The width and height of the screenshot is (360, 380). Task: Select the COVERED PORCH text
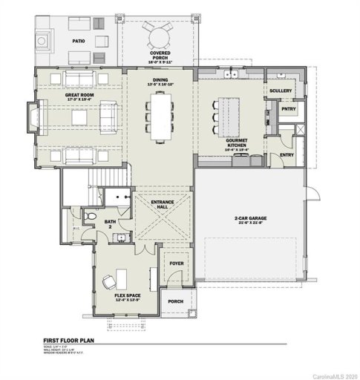[159, 55]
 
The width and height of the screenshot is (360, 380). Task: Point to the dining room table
[159, 119]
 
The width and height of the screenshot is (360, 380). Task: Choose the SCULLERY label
[281, 91]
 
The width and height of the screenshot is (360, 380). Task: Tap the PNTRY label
[287, 109]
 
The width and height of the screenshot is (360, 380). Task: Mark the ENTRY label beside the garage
[286, 155]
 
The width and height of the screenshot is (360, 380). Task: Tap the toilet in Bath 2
[89, 215]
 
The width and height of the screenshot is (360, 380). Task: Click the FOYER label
[176, 263]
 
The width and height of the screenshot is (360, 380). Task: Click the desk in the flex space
[108, 281]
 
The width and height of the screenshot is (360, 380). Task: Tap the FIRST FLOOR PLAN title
[73, 344]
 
